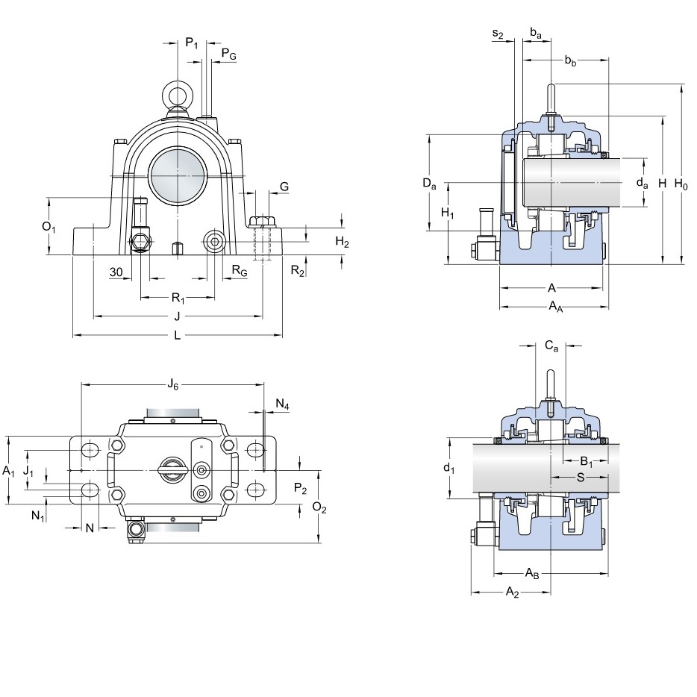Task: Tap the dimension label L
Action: coord(178,335)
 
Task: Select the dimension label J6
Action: coord(172,384)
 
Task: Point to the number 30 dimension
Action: coord(116,272)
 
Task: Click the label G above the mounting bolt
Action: coord(284,187)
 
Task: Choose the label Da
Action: coord(429,183)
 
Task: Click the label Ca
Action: coord(551,346)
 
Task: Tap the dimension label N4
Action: coord(282,404)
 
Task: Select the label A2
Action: coord(513,592)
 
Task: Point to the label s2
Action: coord(498,34)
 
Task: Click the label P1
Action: coord(192,43)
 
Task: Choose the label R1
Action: coord(178,297)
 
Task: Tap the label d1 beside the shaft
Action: coord(449,468)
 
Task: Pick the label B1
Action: coord(587,461)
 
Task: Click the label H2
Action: coord(342,242)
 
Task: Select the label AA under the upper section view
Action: coord(556,306)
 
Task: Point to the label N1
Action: coord(38,516)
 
